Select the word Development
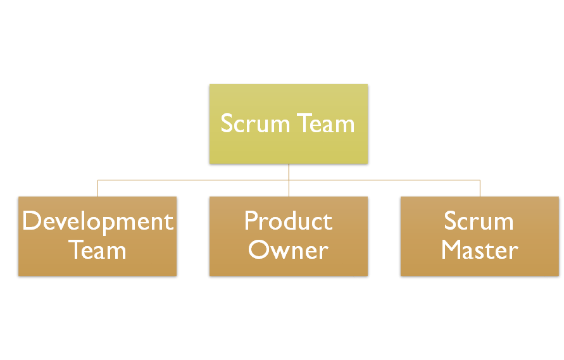coord(97,221)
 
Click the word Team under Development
coord(97,250)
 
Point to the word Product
coord(288,221)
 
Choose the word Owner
coord(288,251)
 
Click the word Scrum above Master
coord(479,221)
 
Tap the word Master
coord(479,250)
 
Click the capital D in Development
coord(31,221)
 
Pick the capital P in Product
coord(251,221)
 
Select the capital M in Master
coord(453,250)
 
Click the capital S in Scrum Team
coord(227,123)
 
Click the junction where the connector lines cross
coord(289,180)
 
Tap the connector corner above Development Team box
coord(97,180)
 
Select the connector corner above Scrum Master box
coord(480,180)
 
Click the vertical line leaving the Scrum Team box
coord(289,172)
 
